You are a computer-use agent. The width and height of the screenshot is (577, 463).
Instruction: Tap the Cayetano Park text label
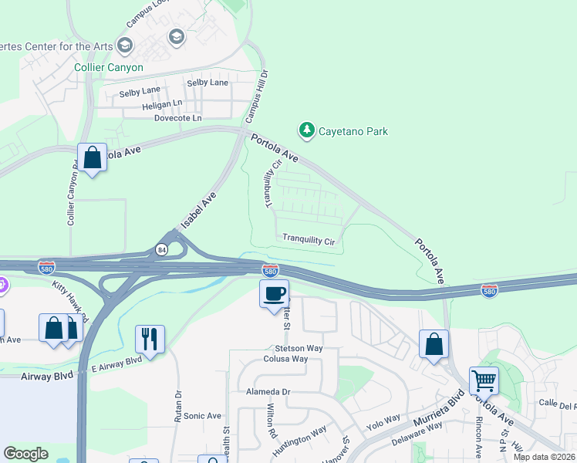[355, 132]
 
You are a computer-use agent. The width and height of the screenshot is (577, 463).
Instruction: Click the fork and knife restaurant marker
[150, 338]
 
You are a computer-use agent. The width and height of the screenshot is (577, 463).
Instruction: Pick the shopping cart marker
[484, 380]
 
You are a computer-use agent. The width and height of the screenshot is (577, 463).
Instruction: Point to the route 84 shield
[161, 250]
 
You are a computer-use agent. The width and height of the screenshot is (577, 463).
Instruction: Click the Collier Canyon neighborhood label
[109, 68]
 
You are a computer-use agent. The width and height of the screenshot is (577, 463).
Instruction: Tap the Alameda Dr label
[268, 391]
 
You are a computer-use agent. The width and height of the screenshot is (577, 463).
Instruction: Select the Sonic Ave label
[202, 416]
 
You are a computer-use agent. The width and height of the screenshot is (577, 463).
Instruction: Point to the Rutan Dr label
[178, 405]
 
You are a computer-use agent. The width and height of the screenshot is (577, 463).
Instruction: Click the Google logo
[25, 454]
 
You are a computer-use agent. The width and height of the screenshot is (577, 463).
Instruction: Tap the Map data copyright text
[544, 457]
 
